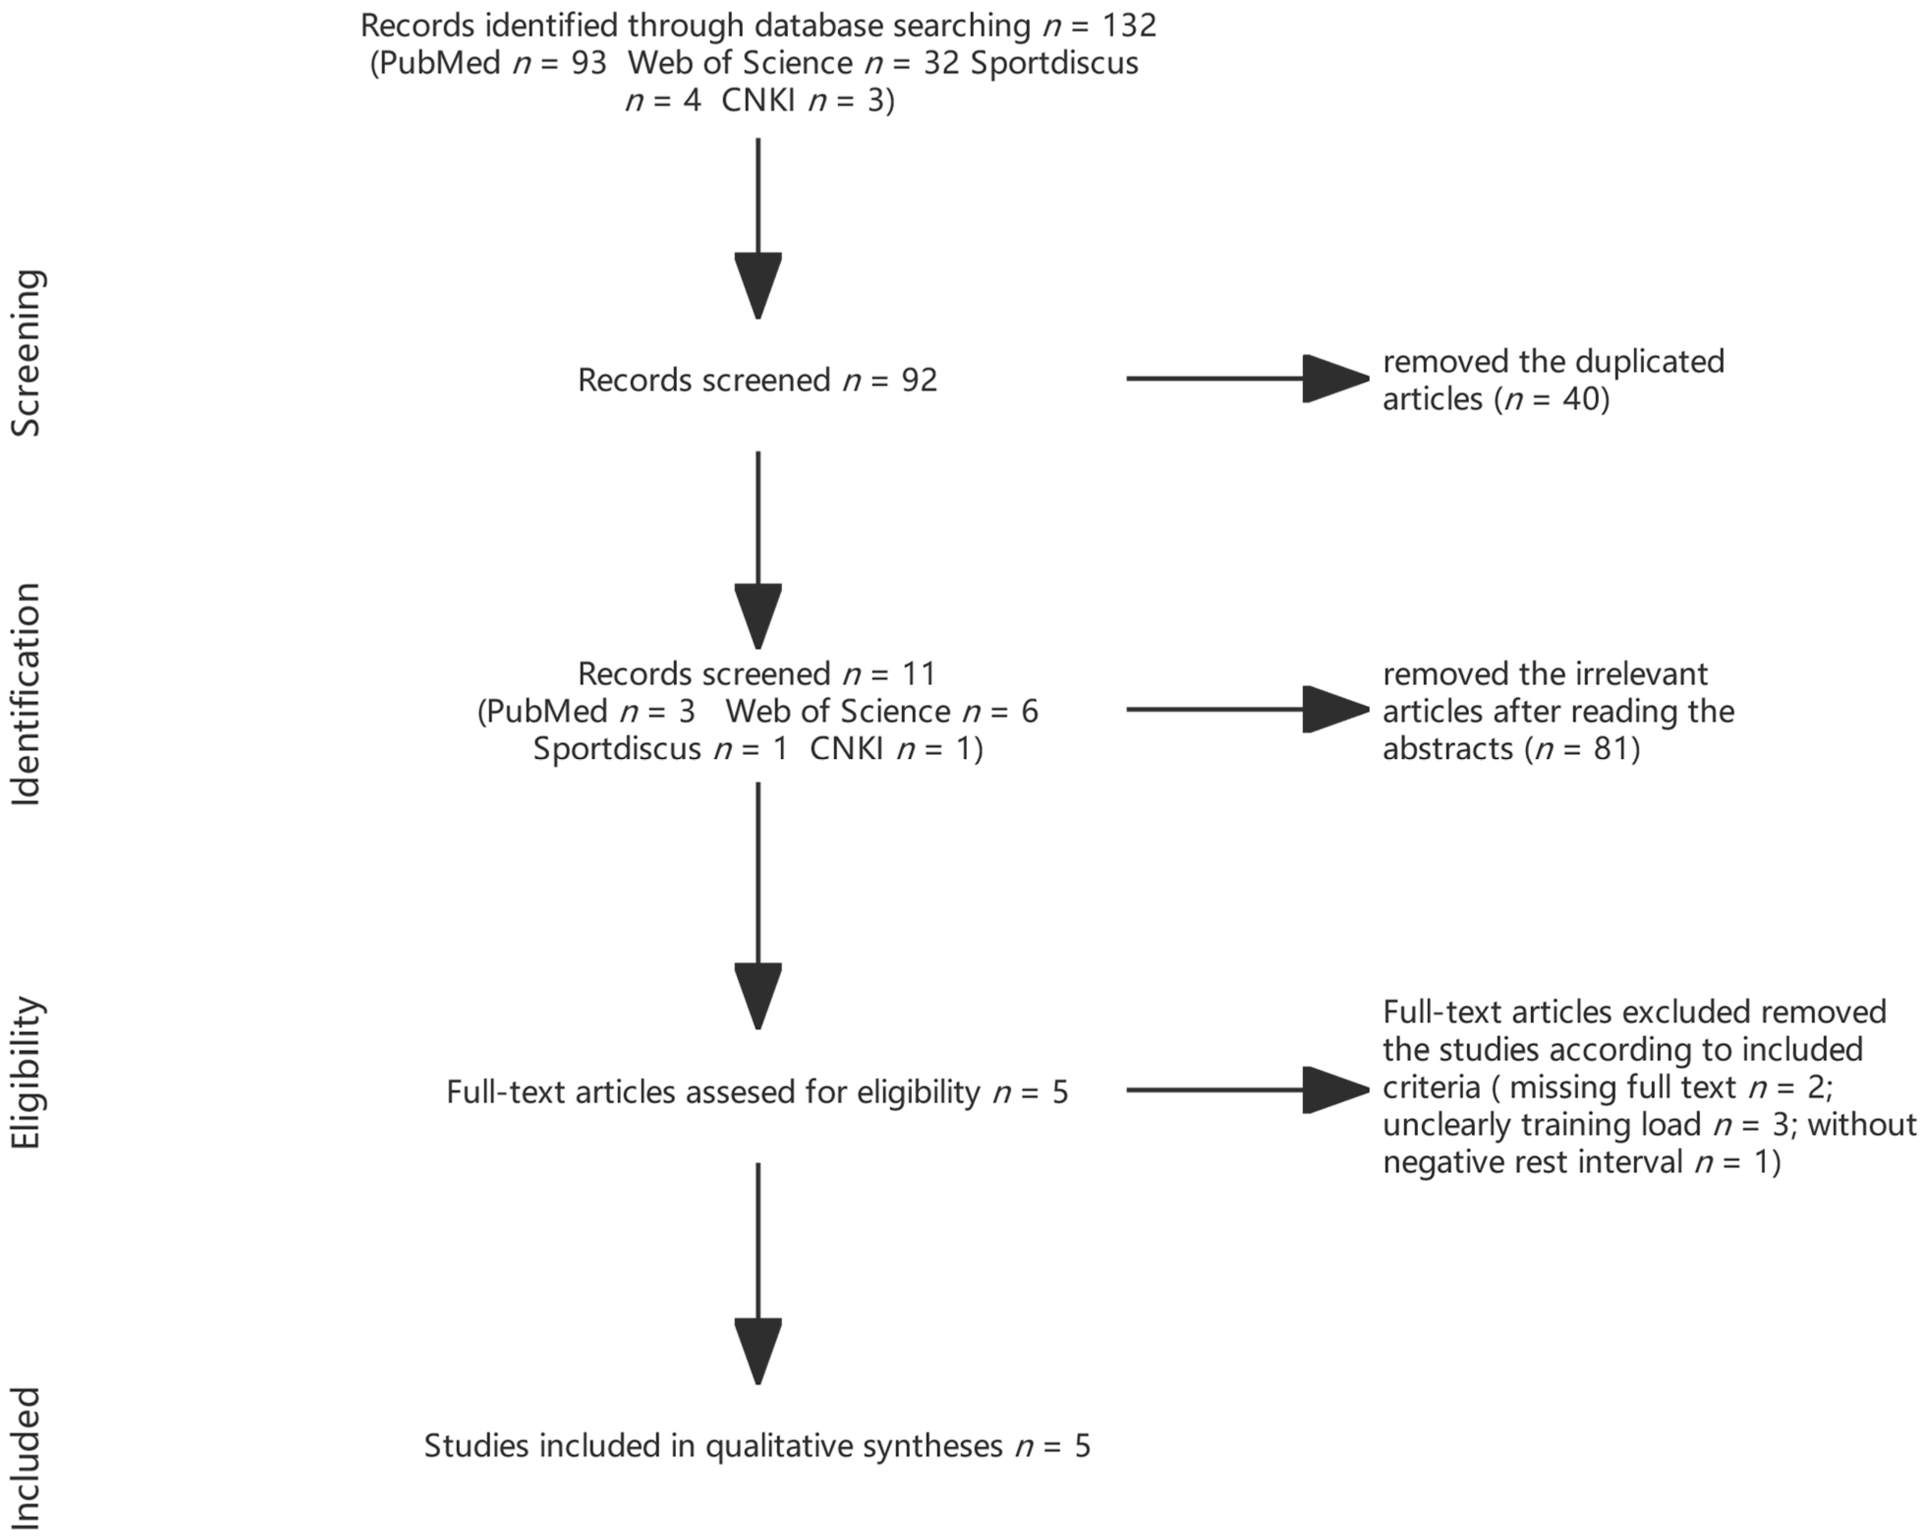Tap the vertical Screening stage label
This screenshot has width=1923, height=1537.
(27, 353)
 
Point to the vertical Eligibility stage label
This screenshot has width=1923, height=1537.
(27, 1072)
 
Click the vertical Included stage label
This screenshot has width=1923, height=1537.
(27, 1458)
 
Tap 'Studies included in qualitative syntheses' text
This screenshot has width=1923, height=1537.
(713, 1445)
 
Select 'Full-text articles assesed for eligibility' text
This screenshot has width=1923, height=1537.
(713, 1092)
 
